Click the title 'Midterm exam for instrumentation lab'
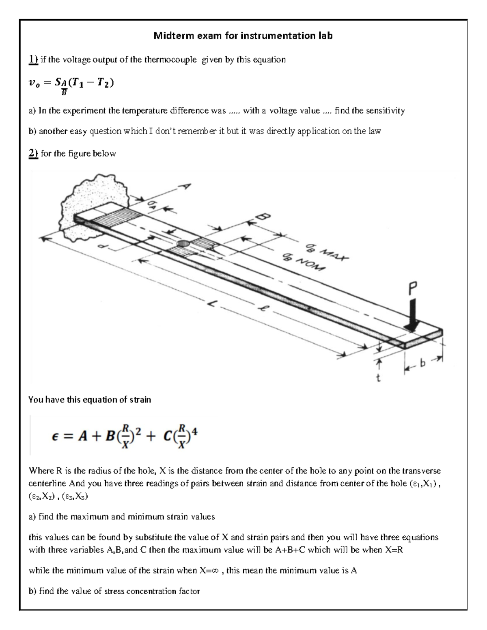point(243,36)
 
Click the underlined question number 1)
point(33,60)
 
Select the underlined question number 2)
point(33,153)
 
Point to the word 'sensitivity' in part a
point(385,110)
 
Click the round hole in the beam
point(183,243)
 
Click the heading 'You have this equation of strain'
point(89,400)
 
